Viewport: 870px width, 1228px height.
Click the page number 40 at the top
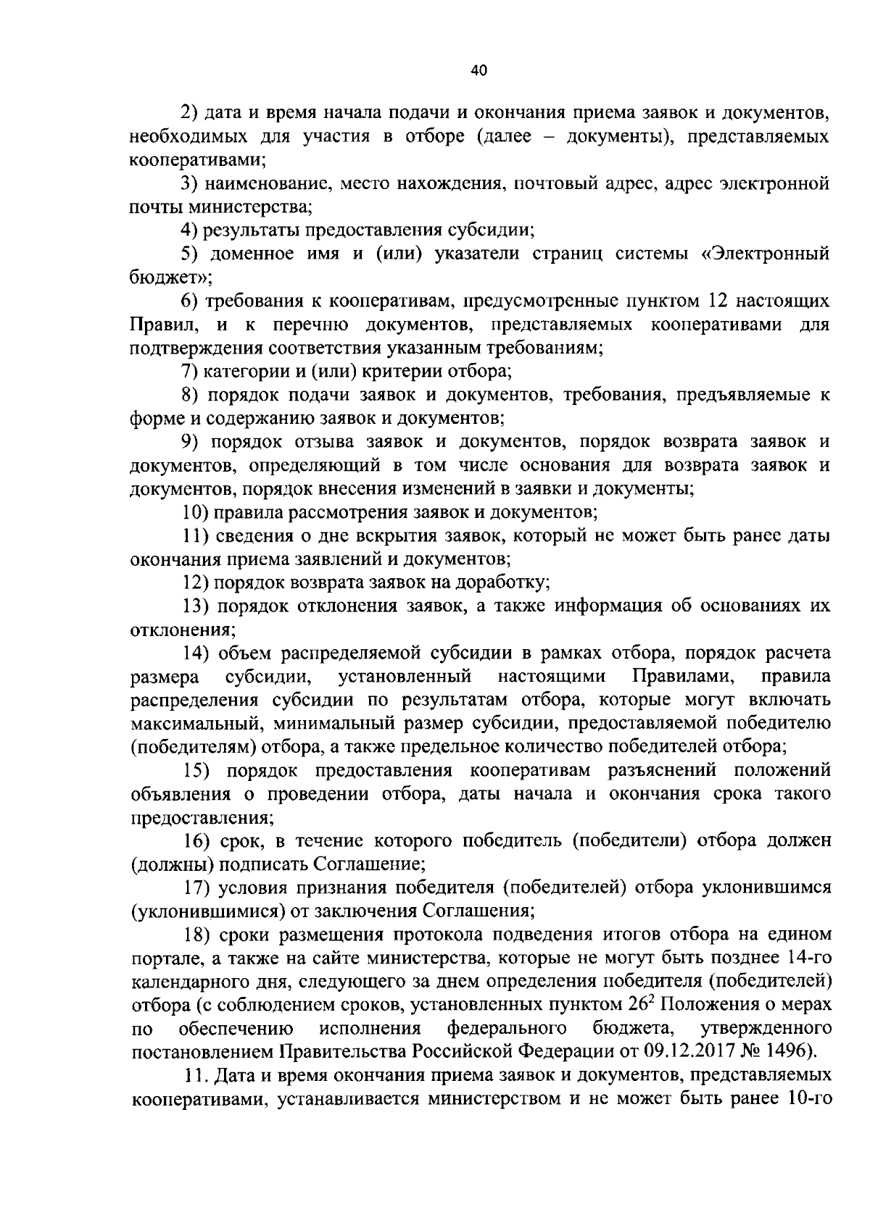tap(479, 70)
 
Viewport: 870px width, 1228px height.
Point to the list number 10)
tap(196, 513)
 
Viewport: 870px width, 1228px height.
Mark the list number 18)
tap(195, 934)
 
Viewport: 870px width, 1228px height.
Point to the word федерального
tap(507, 1028)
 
